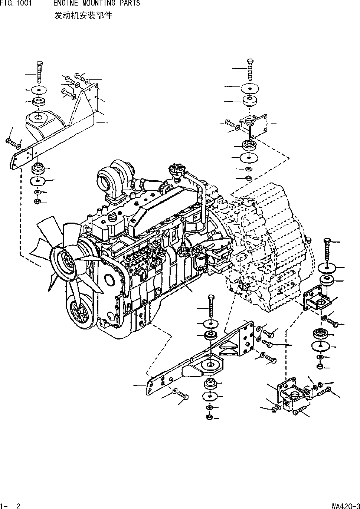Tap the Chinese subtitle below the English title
click(x=83, y=16)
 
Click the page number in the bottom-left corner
click(x=11, y=505)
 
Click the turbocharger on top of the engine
click(x=113, y=176)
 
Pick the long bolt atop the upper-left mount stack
click(x=39, y=72)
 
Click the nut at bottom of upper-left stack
click(x=37, y=201)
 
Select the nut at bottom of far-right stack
click(x=320, y=367)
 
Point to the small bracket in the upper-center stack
click(x=253, y=127)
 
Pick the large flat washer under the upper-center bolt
click(x=249, y=89)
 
